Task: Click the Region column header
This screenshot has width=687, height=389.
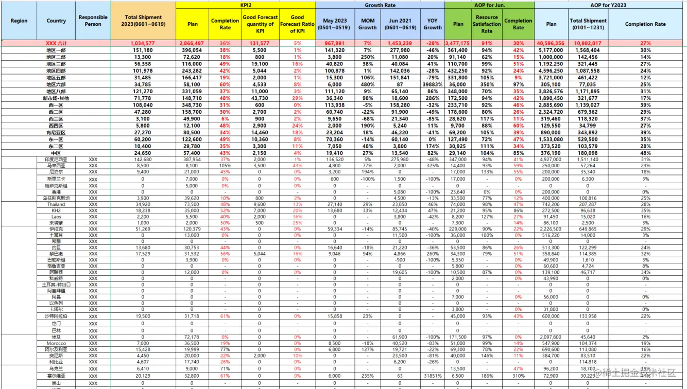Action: tap(19, 21)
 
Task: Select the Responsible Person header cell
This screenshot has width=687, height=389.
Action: tap(93, 21)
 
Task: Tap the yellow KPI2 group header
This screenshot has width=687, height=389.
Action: tap(246, 5)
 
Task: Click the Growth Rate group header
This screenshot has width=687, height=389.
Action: tap(380, 5)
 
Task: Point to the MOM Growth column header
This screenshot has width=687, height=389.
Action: tap(367, 24)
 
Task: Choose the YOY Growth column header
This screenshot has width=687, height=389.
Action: tap(433, 24)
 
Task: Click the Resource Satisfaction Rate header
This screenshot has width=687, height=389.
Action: tap(487, 24)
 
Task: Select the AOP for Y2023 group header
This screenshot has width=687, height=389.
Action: tap(608, 5)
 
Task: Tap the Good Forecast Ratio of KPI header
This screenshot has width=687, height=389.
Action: tap(297, 24)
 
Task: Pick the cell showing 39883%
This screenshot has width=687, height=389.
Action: tap(433, 84)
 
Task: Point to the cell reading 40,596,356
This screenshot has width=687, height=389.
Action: tap(551, 44)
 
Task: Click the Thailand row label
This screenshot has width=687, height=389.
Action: tap(56, 204)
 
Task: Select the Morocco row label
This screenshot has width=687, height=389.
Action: tap(56, 343)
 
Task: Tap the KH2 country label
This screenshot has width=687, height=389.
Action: tap(56, 210)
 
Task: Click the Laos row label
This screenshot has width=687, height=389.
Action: tap(56, 217)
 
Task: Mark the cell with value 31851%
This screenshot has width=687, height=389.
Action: tap(433, 376)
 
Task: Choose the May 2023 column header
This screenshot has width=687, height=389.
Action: tap(335, 24)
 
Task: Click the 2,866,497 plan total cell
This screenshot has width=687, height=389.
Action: tap(192, 44)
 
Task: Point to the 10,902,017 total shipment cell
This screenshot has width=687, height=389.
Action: tap(588, 44)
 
